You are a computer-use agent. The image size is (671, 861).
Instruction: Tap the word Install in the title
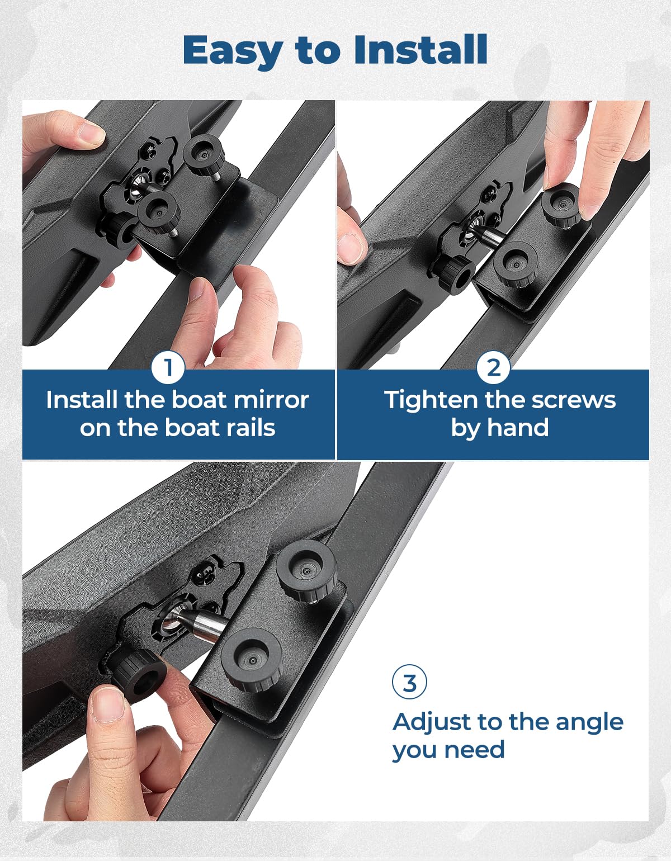pos(420,50)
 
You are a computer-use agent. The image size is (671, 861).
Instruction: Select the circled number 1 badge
pos(168,368)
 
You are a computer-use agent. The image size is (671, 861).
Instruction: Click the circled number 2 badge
pos(493,368)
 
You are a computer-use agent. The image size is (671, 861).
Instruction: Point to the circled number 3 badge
pos(409,682)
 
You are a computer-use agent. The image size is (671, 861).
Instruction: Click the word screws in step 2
pos(574,401)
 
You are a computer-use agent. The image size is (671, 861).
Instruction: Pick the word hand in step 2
pos(518,428)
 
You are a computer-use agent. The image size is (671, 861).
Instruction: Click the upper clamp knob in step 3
pos(306,571)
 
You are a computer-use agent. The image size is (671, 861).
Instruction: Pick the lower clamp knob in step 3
pos(252,660)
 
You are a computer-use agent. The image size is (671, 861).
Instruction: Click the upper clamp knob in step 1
pos(204,154)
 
